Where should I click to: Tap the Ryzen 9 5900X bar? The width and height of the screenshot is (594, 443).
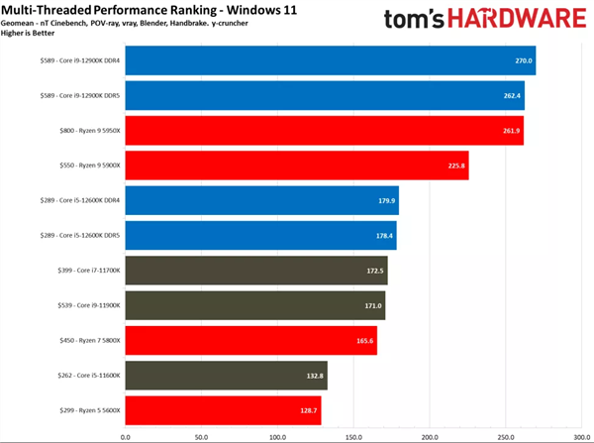(296, 166)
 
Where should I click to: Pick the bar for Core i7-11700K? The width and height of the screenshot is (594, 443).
(255, 271)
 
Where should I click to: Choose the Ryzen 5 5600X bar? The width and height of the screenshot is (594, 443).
(223, 409)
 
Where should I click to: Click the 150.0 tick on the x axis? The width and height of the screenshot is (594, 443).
(352, 435)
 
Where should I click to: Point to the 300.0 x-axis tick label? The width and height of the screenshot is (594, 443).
(581, 435)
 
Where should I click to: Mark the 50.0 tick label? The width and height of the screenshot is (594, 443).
(201, 435)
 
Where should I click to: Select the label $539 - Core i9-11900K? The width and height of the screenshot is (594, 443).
(76, 305)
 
